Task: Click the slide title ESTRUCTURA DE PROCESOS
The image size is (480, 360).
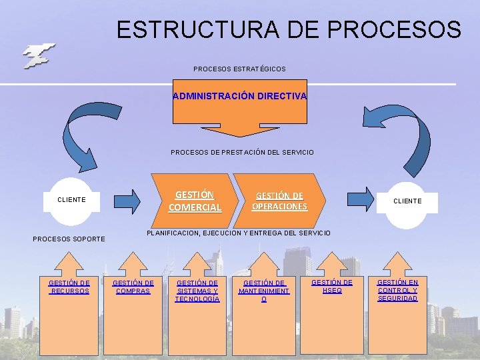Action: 288,29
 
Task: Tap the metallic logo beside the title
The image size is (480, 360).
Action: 38,56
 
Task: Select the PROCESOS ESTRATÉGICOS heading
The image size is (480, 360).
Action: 239,69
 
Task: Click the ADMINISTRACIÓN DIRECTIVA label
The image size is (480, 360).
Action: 240,96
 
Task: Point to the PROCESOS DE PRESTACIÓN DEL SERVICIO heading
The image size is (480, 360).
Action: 242,153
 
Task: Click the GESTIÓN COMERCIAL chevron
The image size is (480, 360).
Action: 195,201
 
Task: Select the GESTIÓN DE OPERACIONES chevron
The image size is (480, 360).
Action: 280,201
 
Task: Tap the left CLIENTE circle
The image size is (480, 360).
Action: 71,199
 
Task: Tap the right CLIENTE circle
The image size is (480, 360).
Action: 407,200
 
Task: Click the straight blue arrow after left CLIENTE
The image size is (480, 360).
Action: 127,199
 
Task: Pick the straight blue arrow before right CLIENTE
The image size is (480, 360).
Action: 361,198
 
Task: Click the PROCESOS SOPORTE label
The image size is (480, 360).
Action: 69,239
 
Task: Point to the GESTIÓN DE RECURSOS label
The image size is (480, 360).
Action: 69,287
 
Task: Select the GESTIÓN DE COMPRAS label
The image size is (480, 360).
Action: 133,287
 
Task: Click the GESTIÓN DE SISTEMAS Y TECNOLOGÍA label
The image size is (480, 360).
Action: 197,291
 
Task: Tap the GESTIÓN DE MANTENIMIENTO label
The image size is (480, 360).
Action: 264,291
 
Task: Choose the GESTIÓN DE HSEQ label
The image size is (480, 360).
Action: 332,286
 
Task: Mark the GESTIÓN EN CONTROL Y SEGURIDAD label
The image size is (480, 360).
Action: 398,290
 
